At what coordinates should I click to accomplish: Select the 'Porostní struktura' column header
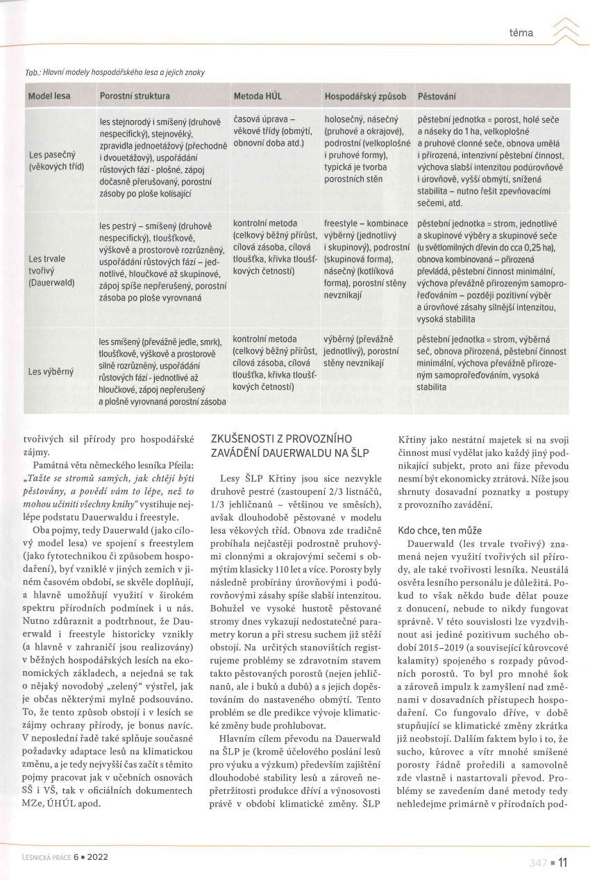coord(135,95)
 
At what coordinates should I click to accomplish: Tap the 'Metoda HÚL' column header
coord(258,95)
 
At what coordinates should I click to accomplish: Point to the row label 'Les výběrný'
coord(51,371)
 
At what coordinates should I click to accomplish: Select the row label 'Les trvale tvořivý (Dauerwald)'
coord(51,271)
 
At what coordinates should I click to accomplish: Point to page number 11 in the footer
coord(562,863)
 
